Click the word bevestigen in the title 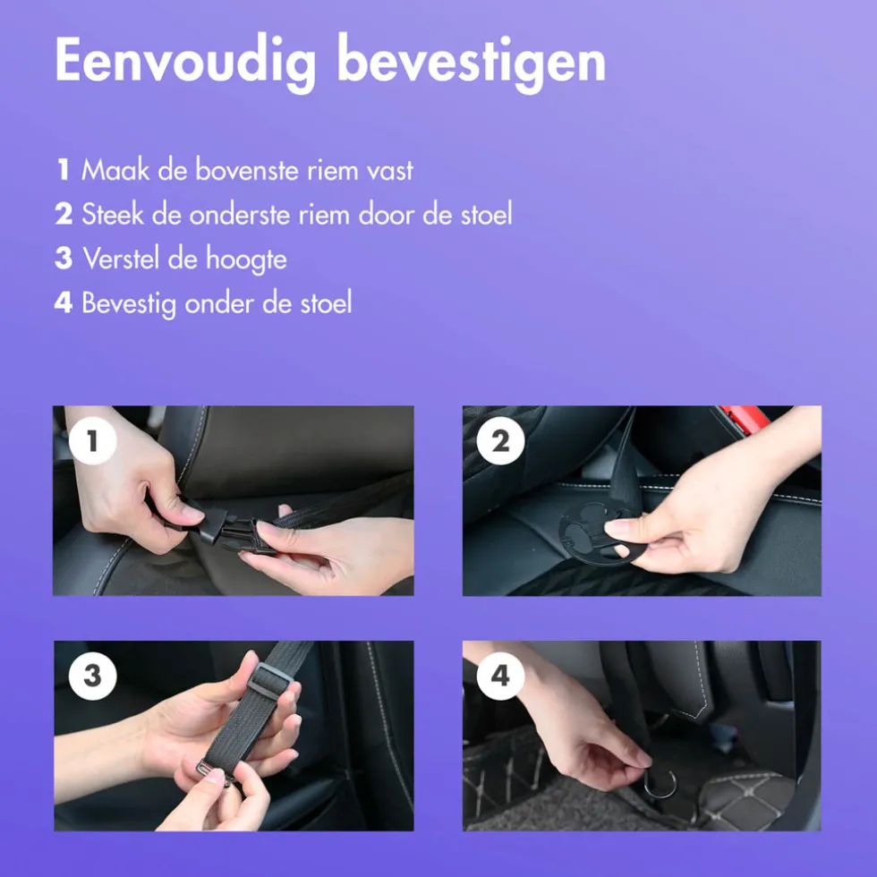point(472,62)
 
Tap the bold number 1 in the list point(64,169)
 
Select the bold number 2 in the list point(64,214)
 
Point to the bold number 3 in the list point(64,259)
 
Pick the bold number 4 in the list point(64,302)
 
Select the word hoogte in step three point(246,260)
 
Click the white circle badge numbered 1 point(93,440)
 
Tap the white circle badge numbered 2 point(500,440)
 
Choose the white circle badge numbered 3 point(93,676)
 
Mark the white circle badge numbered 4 point(500,676)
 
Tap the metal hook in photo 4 point(660,783)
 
